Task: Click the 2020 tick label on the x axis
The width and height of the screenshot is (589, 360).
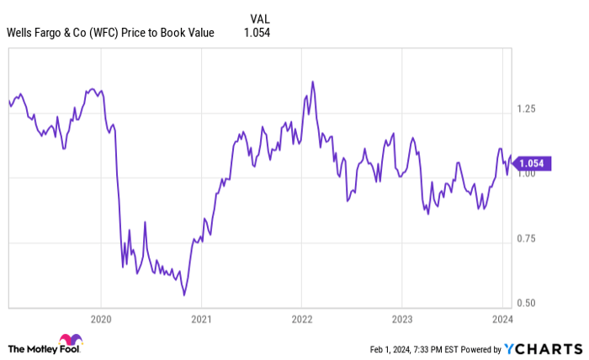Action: [x=101, y=319]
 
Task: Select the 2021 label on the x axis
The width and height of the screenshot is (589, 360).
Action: [x=201, y=319]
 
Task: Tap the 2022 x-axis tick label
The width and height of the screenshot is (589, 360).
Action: [x=301, y=319]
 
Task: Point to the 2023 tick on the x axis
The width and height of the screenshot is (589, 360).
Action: [x=401, y=319]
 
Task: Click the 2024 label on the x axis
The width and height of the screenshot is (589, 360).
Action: [x=501, y=319]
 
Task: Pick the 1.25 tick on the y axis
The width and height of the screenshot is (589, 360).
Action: [x=525, y=109]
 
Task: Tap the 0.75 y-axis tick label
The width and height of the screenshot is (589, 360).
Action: [x=525, y=239]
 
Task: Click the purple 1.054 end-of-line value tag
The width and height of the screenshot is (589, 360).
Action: [x=533, y=164]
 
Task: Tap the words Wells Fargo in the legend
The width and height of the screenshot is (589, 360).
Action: [x=35, y=33]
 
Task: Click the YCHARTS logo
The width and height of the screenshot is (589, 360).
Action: [x=544, y=348]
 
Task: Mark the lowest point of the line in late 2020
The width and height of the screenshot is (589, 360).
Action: [x=183, y=295]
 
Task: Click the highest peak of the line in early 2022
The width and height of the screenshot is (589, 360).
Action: [x=313, y=82]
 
